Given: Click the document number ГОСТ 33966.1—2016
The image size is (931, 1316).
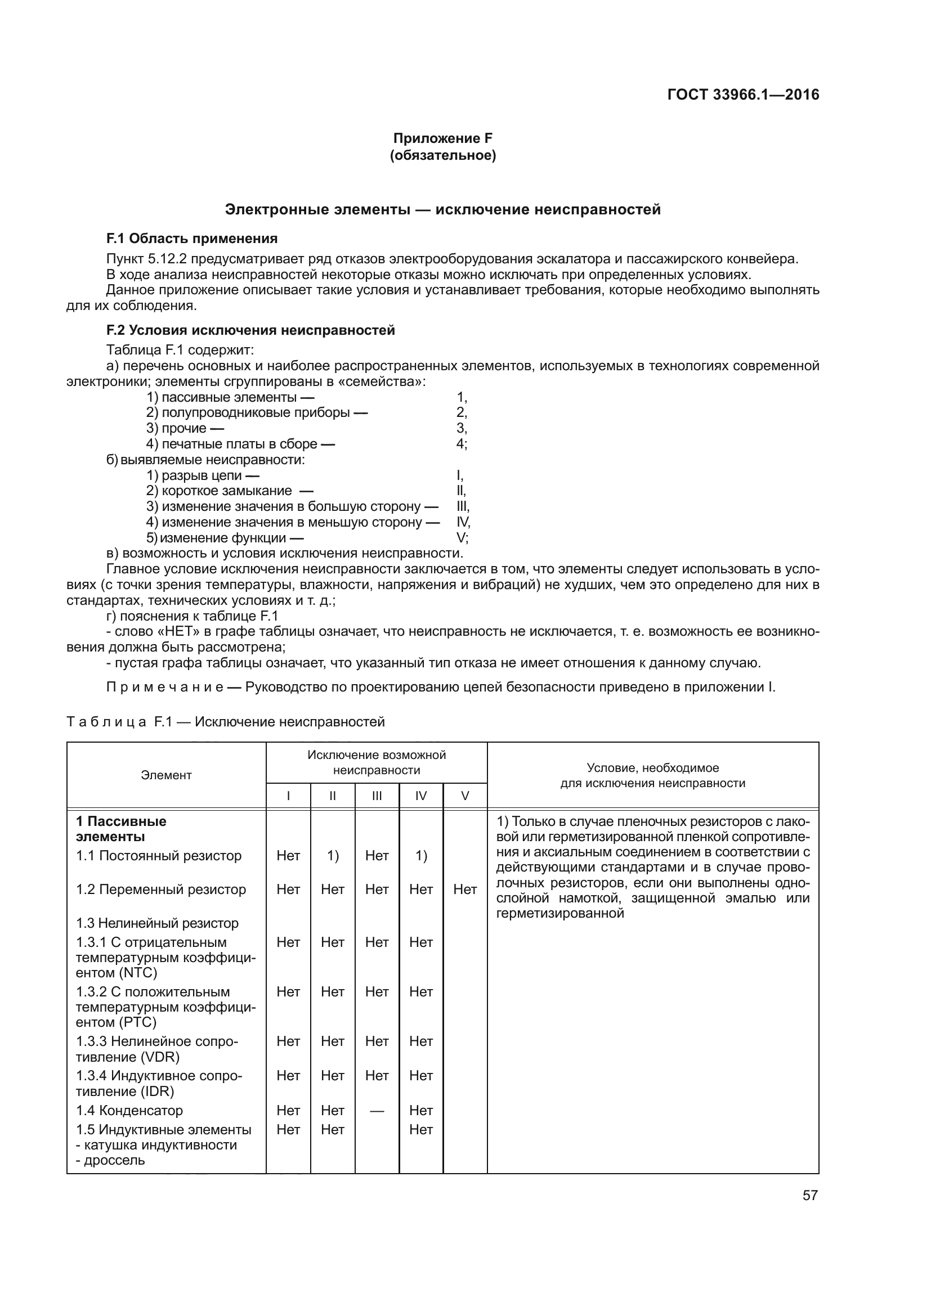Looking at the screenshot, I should [743, 95].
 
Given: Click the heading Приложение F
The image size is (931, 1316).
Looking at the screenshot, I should [442, 138].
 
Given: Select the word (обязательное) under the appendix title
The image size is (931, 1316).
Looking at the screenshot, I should [442, 155].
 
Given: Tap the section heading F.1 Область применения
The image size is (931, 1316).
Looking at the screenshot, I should [192, 239].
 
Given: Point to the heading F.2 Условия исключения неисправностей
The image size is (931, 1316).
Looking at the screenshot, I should [250, 330].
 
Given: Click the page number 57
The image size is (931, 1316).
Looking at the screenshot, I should [810, 1195].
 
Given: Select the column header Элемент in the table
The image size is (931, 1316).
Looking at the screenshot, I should [166, 775].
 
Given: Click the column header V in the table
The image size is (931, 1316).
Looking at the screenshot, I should [465, 796].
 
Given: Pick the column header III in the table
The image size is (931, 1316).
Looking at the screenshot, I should [377, 796].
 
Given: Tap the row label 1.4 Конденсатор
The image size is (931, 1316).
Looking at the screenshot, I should [129, 1110].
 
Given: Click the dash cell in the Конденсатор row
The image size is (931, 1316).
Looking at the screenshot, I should [377, 1111].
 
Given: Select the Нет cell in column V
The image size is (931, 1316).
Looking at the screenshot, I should [465, 889].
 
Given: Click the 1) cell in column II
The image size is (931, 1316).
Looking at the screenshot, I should [333, 856].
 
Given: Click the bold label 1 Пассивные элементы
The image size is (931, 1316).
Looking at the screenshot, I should [122, 829].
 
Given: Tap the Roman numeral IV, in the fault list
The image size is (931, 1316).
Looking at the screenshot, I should [463, 522].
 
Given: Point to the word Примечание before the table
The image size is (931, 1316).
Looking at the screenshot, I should [165, 686].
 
